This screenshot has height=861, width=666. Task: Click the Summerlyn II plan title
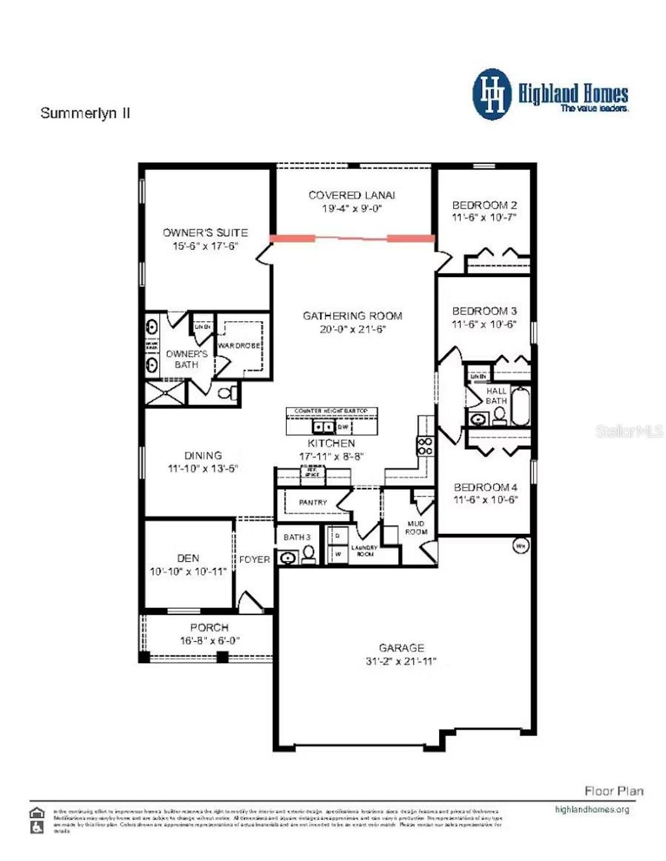point(85,113)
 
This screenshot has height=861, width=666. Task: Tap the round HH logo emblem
point(492,95)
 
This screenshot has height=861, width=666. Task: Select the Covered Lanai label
point(352,195)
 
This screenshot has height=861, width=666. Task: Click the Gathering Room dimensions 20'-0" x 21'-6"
point(353,330)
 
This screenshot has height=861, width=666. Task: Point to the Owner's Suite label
point(205,232)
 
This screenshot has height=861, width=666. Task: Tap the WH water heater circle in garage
point(521,546)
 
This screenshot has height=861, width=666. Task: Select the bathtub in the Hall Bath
point(521,406)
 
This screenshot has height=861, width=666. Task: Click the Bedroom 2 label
point(485,205)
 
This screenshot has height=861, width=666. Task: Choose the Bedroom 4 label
point(485,487)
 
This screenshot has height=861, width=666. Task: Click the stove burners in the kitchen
point(425,446)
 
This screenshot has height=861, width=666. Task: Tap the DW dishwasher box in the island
point(343,427)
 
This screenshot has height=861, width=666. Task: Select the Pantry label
point(313,503)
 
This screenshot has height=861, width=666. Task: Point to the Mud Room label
point(416,527)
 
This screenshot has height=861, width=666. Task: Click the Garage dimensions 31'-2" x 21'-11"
point(401,662)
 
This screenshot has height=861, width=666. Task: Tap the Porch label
point(209,628)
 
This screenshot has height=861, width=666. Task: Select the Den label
point(188,558)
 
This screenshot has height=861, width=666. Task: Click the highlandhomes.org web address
point(592,810)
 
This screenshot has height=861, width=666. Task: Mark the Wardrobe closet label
point(239,346)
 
